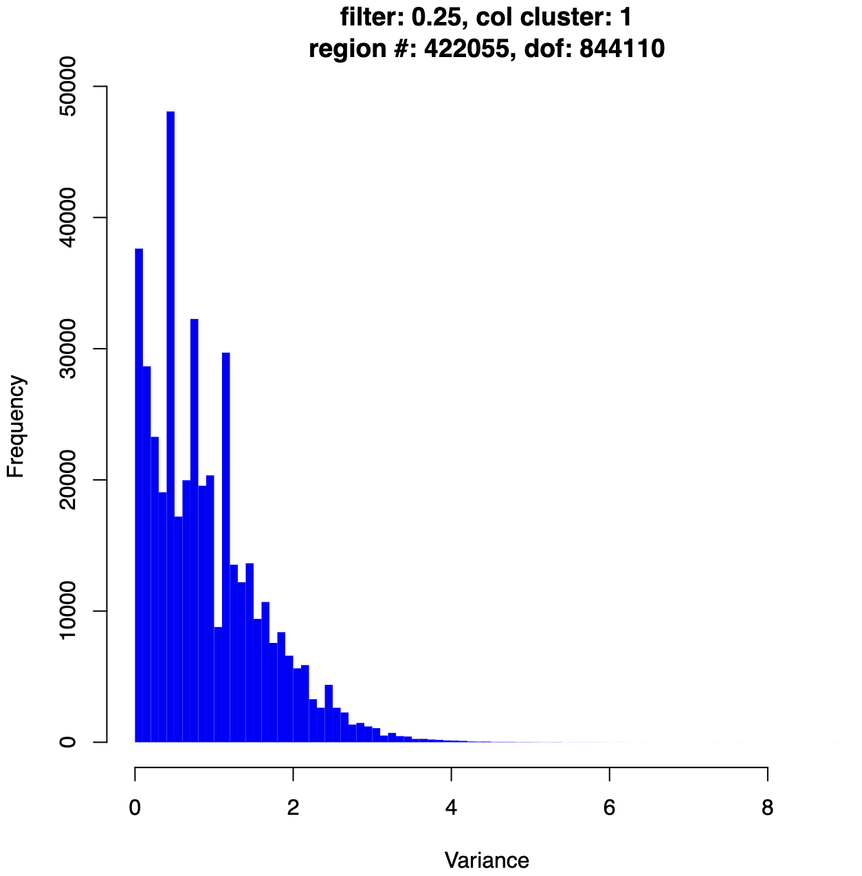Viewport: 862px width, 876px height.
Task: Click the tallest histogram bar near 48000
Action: (x=170, y=426)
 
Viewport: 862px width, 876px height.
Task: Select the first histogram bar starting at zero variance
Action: (x=139, y=495)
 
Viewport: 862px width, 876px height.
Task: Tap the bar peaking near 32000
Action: (x=195, y=529)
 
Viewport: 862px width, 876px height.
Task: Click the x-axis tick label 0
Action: (x=135, y=807)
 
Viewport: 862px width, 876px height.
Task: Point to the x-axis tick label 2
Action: (x=293, y=807)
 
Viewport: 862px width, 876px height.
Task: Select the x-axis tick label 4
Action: (x=451, y=807)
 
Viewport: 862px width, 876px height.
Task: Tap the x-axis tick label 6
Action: (x=609, y=807)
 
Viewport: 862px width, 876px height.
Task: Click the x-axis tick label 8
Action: (x=768, y=807)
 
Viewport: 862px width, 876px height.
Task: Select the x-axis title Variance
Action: (x=487, y=860)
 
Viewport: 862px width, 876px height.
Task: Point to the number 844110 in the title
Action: (x=621, y=49)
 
